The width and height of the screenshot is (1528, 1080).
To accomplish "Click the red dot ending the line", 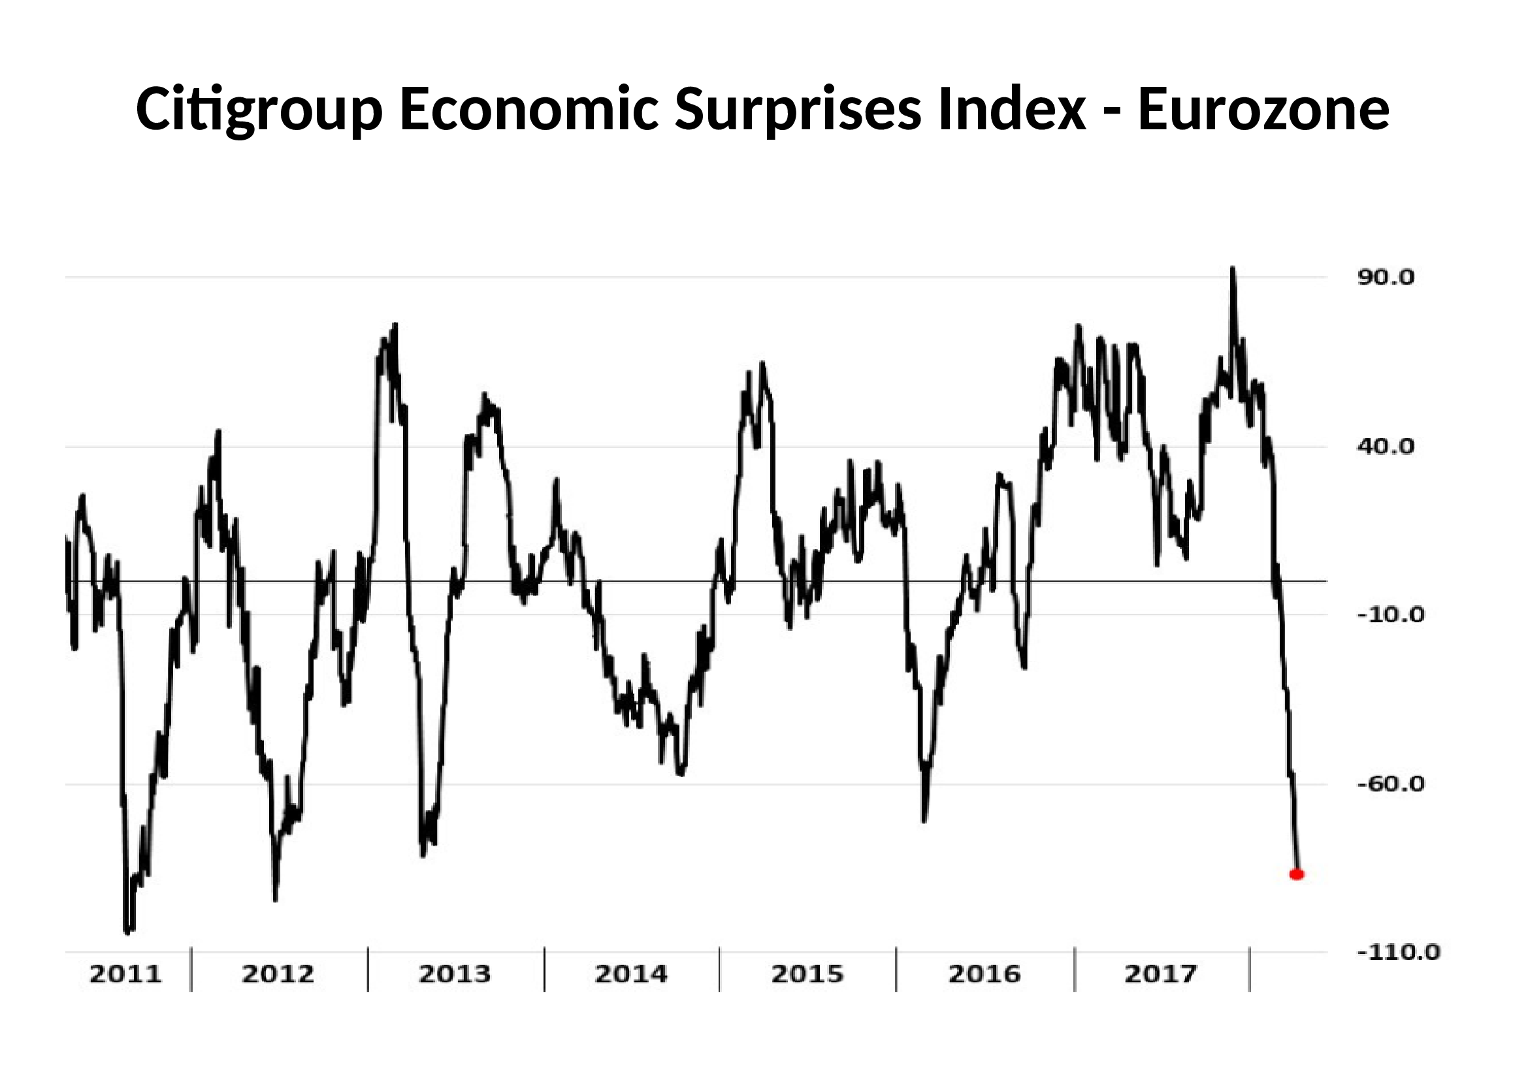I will [1296, 874].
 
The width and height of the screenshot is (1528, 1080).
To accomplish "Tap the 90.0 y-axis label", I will [1386, 278].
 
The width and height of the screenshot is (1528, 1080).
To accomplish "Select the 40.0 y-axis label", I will [1386, 447].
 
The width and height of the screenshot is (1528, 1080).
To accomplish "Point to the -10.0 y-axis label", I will [1390, 615].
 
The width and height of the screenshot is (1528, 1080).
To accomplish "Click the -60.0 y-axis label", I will [1390, 784].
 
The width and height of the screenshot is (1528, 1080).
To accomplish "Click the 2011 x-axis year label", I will [125, 974].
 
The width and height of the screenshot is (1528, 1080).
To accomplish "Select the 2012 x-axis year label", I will [278, 974].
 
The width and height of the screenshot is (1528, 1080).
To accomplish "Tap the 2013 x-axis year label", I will [454, 974].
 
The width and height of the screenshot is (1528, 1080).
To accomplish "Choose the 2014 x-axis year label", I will [630, 974].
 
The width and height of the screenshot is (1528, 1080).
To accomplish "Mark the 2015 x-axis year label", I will [807, 974].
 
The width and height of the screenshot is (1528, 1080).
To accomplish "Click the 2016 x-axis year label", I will [984, 974].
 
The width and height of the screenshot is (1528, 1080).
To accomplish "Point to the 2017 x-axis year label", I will [1160, 974].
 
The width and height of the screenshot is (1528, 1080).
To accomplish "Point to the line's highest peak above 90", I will [1233, 269].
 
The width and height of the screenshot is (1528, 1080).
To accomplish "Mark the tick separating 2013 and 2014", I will [544, 970].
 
